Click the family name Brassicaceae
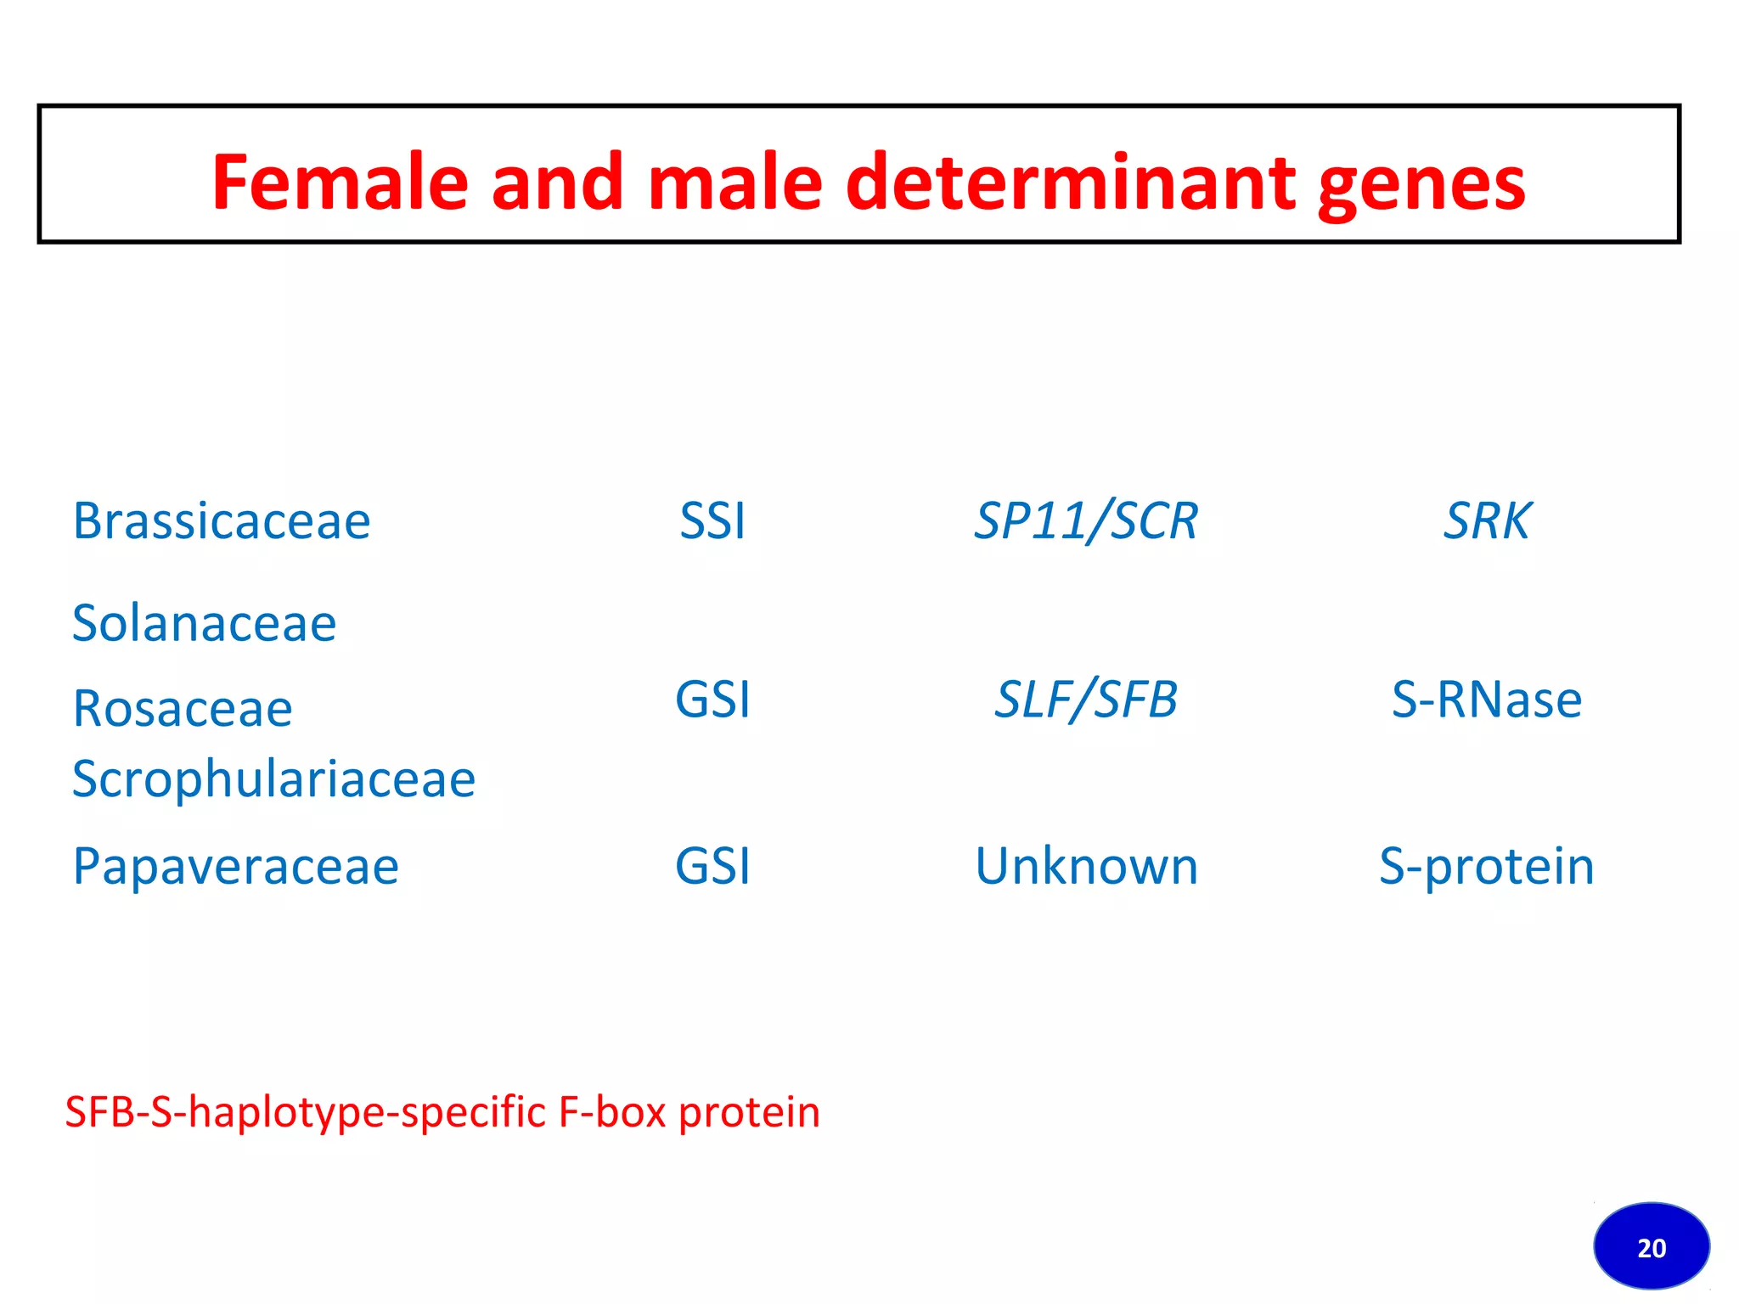[222, 520]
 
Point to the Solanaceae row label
[204, 623]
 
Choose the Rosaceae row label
[183, 708]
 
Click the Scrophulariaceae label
[273, 779]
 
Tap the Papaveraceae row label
[235, 866]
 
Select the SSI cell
[712, 520]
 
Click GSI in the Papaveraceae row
[712, 866]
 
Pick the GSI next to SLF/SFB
[712, 700]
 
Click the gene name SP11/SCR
[1085, 520]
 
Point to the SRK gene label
[1487, 520]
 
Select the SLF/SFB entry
[1085, 700]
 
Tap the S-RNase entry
[1486, 700]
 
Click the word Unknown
[1085, 866]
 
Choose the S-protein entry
[1486, 866]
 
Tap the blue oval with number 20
[1651, 1246]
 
